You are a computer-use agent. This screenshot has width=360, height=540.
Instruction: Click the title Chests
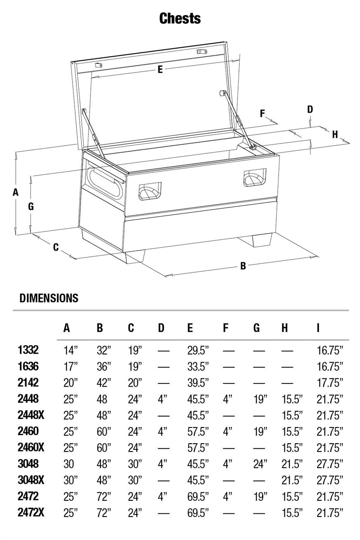click(180, 18)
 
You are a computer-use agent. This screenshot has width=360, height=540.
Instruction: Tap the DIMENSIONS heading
click(49, 298)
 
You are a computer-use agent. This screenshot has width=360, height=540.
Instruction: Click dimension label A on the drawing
click(15, 192)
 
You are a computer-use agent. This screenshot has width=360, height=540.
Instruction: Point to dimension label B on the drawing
click(243, 266)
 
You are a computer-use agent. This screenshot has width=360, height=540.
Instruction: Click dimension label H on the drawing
click(335, 134)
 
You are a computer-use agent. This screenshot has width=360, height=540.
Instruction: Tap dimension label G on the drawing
click(31, 207)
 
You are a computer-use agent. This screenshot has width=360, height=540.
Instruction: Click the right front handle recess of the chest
click(255, 177)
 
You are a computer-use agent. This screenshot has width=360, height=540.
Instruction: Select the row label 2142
click(28, 382)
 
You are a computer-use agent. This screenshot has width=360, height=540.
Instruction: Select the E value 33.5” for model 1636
click(198, 366)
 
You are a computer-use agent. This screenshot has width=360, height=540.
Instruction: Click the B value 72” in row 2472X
click(103, 512)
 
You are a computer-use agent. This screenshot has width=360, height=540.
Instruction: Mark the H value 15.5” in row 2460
click(292, 431)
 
